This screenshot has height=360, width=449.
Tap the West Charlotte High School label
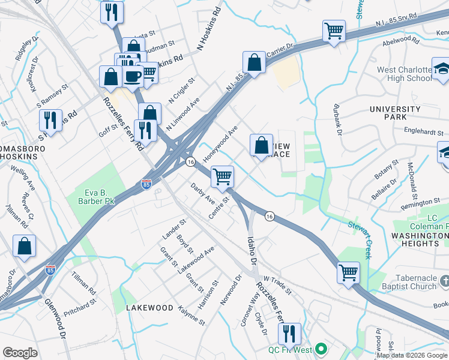point(404,74)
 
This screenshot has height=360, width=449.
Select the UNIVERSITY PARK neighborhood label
point(395,113)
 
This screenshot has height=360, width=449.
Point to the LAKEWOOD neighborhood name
point(149,308)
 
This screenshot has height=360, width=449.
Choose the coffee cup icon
point(133,76)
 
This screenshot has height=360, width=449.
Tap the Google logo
point(20,353)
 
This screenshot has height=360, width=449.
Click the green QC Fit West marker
point(321,348)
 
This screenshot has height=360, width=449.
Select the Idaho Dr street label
point(252,251)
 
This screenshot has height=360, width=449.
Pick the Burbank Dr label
point(337,121)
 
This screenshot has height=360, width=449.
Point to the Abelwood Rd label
point(404,41)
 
